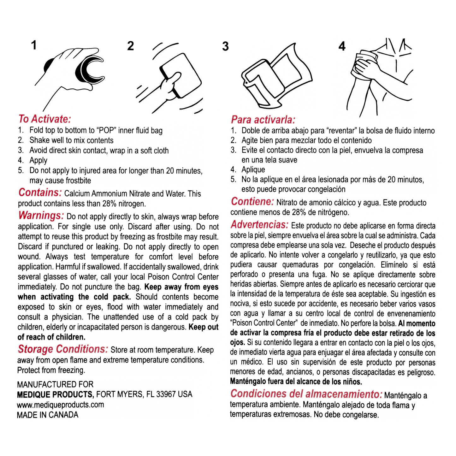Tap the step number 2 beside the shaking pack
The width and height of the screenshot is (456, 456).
(x=131, y=46)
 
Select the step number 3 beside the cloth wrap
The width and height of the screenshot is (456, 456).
(x=225, y=46)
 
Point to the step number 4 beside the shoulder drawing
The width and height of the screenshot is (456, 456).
(x=342, y=47)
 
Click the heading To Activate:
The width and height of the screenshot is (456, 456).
(x=44, y=119)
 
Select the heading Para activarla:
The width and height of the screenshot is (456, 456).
(x=263, y=120)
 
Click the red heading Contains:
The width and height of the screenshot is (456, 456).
(x=40, y=192)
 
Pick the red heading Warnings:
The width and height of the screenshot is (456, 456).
(x=41, y=216)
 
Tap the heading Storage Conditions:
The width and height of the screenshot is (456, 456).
(x=63, y=349)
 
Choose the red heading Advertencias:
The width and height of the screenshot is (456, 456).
(x=259, y=225)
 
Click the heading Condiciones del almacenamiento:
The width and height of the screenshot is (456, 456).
(x=306, y=394)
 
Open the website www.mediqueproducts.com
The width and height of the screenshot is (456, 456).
(x=60, y=405)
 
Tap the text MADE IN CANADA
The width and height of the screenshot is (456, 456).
(x=47, y=415)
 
